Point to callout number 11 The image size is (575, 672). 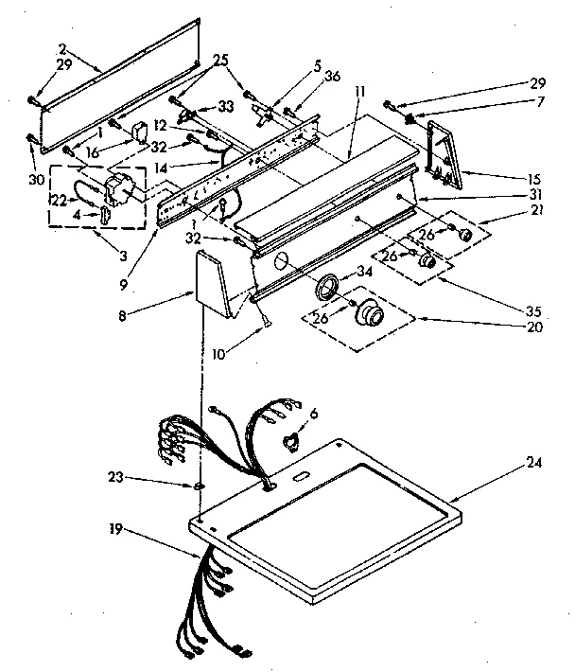click(361, 91)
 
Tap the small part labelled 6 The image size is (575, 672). click(290, 439)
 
